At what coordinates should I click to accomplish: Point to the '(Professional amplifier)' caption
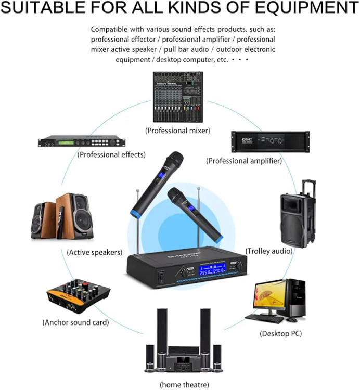click(x=245, y=161)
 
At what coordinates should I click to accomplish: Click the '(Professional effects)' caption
click(x=111, y=154)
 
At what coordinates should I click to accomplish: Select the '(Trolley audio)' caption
click(x=268, y=251)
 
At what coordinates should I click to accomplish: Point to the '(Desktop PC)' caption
click(x=280, y=333)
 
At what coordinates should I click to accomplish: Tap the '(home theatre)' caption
click(x=184, y=385)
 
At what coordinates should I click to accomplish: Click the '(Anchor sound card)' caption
click(x=75, y=322)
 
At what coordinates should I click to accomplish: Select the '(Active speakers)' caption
click(x=95, y=252)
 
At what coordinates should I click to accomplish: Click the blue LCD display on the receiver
click(x=211, y=270)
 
